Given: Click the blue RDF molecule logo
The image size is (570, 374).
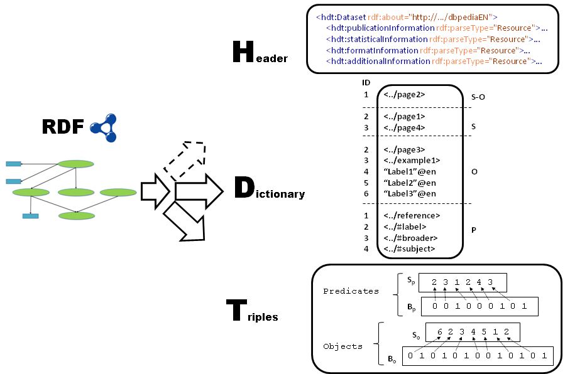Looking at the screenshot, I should point(103,126).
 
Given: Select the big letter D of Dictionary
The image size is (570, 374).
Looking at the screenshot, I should point(244,188).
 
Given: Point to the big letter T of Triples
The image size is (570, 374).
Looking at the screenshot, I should point(237,311).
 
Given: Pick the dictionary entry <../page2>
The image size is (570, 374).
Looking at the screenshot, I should point(404,95).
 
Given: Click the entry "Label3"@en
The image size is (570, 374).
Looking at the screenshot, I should point(409,193).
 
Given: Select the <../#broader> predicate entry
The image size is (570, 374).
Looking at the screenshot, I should point(410,238).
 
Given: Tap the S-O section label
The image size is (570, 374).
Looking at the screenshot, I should point(478,97).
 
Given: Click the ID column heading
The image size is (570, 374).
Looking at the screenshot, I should point(366,83).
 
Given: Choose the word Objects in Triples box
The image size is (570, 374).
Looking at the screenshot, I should point(343,346).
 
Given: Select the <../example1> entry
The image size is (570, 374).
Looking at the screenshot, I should point(412,160).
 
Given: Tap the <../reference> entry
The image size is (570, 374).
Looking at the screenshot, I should point(411,216).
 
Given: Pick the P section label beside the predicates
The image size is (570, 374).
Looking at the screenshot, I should point(474,230).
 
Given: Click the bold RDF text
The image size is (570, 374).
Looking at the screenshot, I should point(63,126).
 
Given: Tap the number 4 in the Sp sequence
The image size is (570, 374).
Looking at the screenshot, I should point(479,282).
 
